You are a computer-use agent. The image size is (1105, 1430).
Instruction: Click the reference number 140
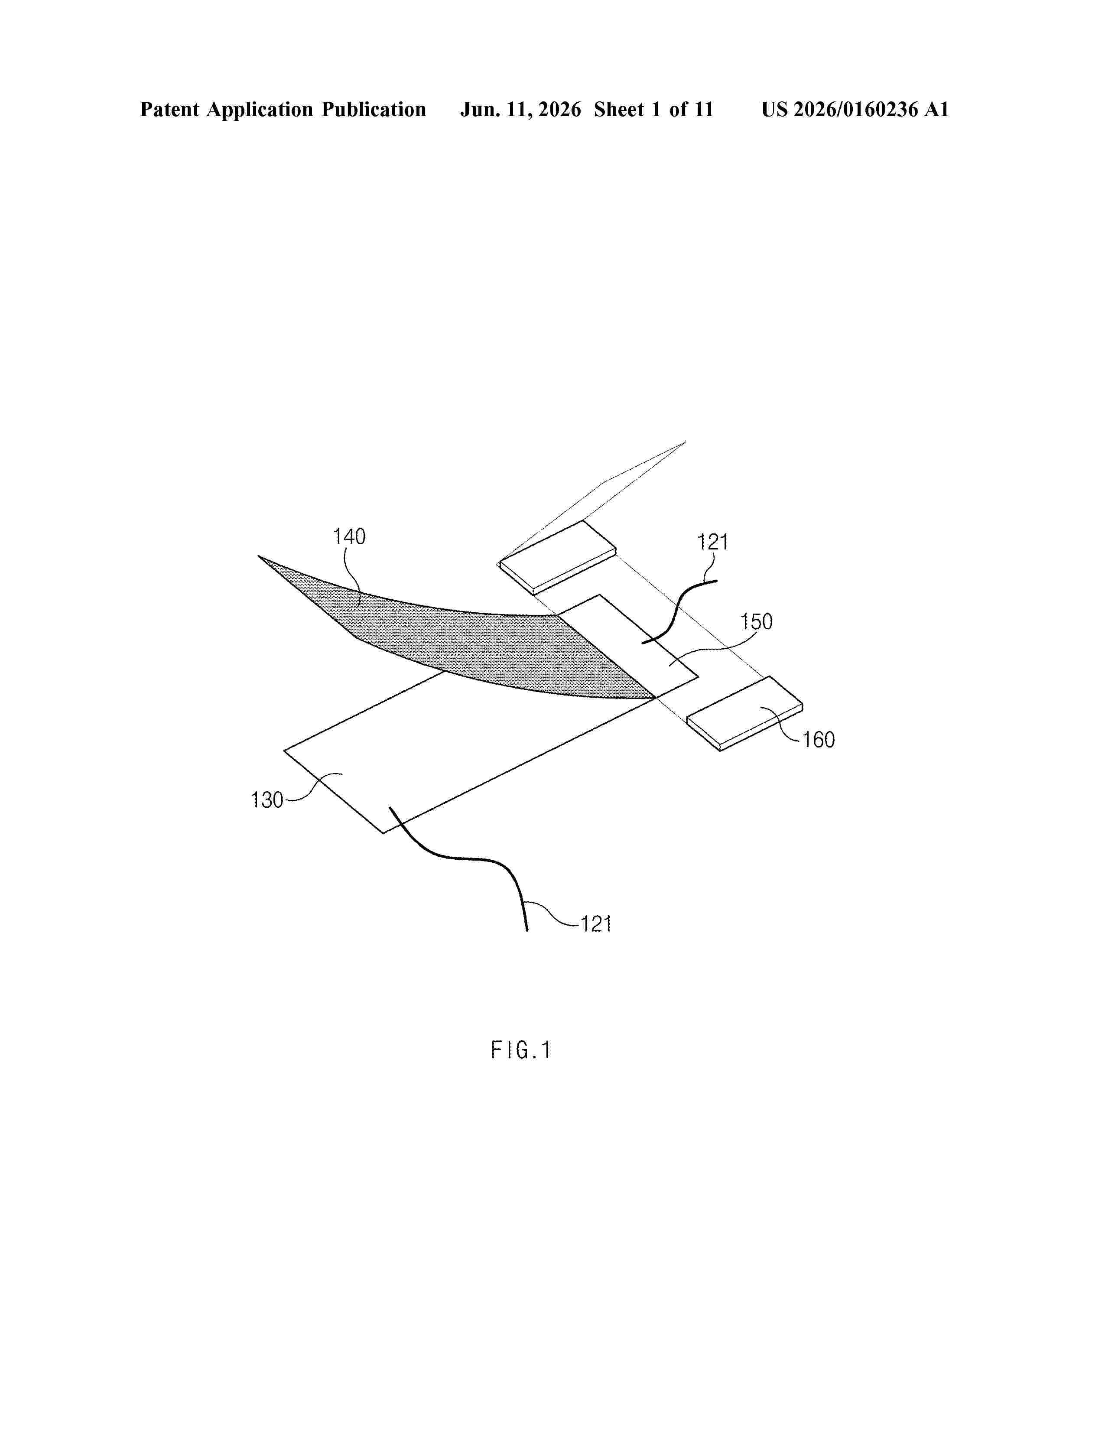[349, 537]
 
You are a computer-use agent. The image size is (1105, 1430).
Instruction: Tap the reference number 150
[756, 621]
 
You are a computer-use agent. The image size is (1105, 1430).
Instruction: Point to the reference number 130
[267, 799]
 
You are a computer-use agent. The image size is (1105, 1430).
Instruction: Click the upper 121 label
[712, 542]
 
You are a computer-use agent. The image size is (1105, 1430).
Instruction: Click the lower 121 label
[596, 925]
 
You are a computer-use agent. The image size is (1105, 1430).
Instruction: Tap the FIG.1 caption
[521, 1051]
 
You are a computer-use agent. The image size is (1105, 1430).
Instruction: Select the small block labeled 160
[745, 714]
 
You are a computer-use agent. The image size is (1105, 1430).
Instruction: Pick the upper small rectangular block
[558, 557]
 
